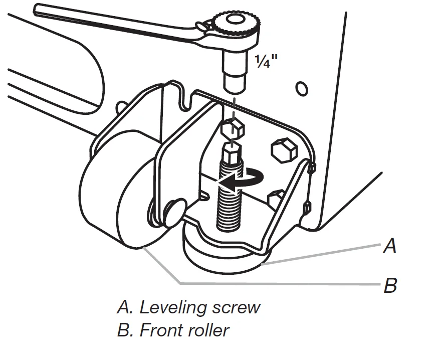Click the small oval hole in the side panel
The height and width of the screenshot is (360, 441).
(302, 89)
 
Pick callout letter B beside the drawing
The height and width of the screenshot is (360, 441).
(390, 286)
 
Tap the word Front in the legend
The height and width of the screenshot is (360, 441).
(159, 330)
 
